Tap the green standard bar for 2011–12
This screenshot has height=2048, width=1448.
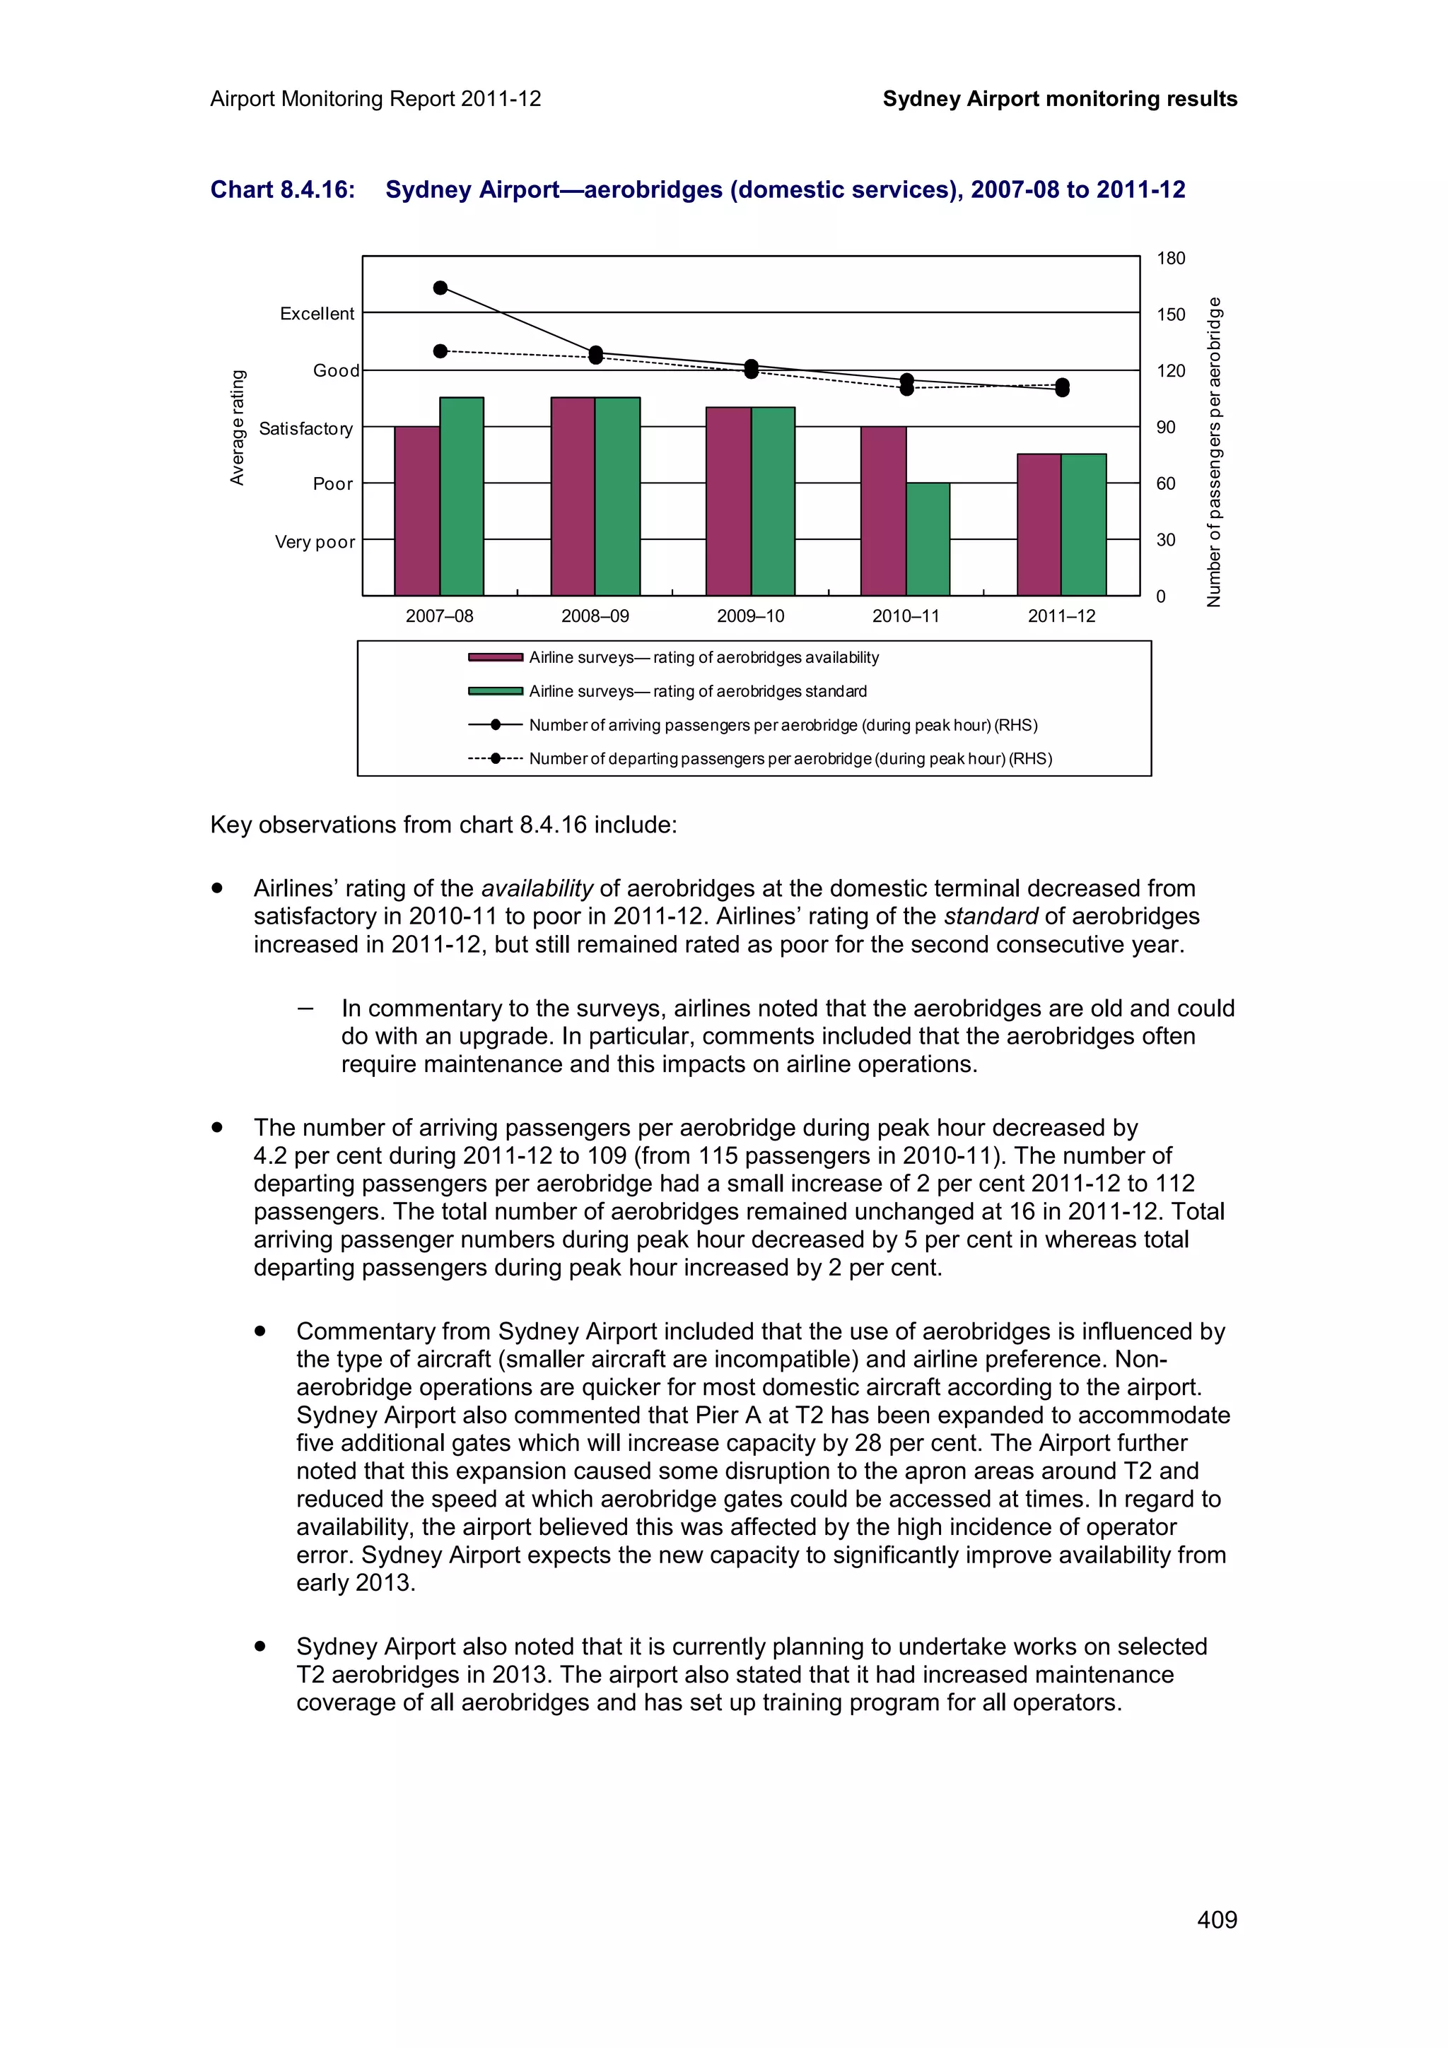pos(1083,524)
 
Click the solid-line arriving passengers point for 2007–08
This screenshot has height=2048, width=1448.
pos(440,287)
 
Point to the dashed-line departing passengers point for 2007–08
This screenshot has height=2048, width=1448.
pos(440,351)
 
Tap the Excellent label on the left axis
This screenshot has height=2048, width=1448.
pos(317,314)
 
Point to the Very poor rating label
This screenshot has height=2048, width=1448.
pos(314,542)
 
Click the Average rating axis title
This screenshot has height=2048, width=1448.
pos(236,428)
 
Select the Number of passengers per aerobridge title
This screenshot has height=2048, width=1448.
pos(1213,452)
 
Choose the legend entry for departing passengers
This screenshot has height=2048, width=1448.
pos(790,759)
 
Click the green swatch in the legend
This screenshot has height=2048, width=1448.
pos(495,691)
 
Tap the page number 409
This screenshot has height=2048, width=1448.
pos(1216,1919)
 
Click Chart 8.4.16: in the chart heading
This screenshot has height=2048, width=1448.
pos(282,190)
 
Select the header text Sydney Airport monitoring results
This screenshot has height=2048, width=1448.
pos(1059,99)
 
